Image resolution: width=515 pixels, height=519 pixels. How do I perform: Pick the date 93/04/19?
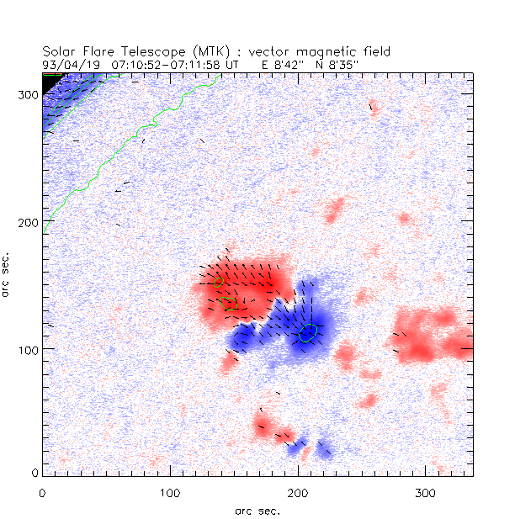[68, 62]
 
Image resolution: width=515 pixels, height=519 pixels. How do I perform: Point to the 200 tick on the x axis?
[298, 491]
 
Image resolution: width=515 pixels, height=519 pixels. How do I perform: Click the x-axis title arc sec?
[257, 510]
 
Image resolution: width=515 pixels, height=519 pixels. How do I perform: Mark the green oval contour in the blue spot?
[308, 333]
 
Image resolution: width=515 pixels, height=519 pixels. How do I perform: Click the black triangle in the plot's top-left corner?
[49, 79]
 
